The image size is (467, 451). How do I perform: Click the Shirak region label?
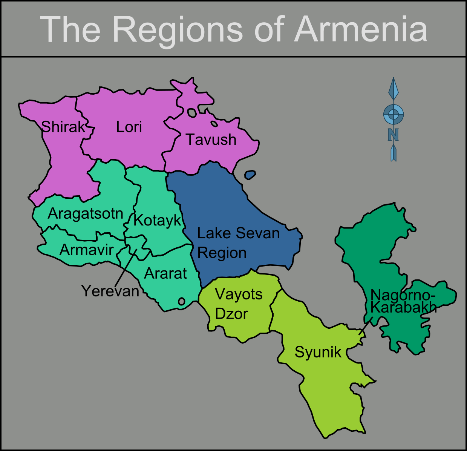point(63,127)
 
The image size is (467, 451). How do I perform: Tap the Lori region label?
point(129,127)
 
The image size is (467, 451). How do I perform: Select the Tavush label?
point(211,140)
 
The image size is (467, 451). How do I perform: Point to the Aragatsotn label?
point(86,214)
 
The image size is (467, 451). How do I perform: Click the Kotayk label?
point(158,220)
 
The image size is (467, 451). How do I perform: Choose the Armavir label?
point(87,250)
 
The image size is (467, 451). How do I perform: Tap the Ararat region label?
point(165,273)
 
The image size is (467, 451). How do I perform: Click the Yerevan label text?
point(110,291)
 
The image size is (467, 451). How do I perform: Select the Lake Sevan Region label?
point(238,243)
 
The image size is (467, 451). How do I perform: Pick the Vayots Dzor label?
point(238,304)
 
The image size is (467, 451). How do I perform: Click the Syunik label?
point(318,352)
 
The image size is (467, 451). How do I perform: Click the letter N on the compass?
point(393,135)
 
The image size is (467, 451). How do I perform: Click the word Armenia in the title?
point(361,29)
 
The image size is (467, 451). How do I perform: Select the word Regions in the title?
point(177,29)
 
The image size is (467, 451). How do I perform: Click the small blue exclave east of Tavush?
point(250,175)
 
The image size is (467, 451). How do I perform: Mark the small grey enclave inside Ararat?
point(181,301)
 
